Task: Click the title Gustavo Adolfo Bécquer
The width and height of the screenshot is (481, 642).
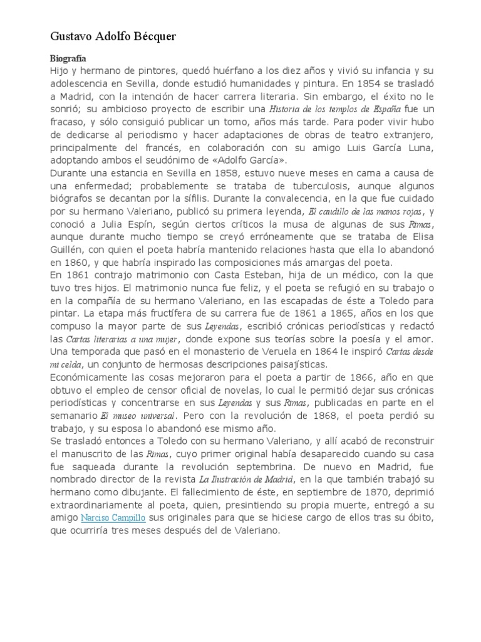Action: coord(113,37)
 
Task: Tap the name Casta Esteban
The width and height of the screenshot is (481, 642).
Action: coord(212,275)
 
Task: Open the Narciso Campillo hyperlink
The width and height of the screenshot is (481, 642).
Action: coord(111,518)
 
